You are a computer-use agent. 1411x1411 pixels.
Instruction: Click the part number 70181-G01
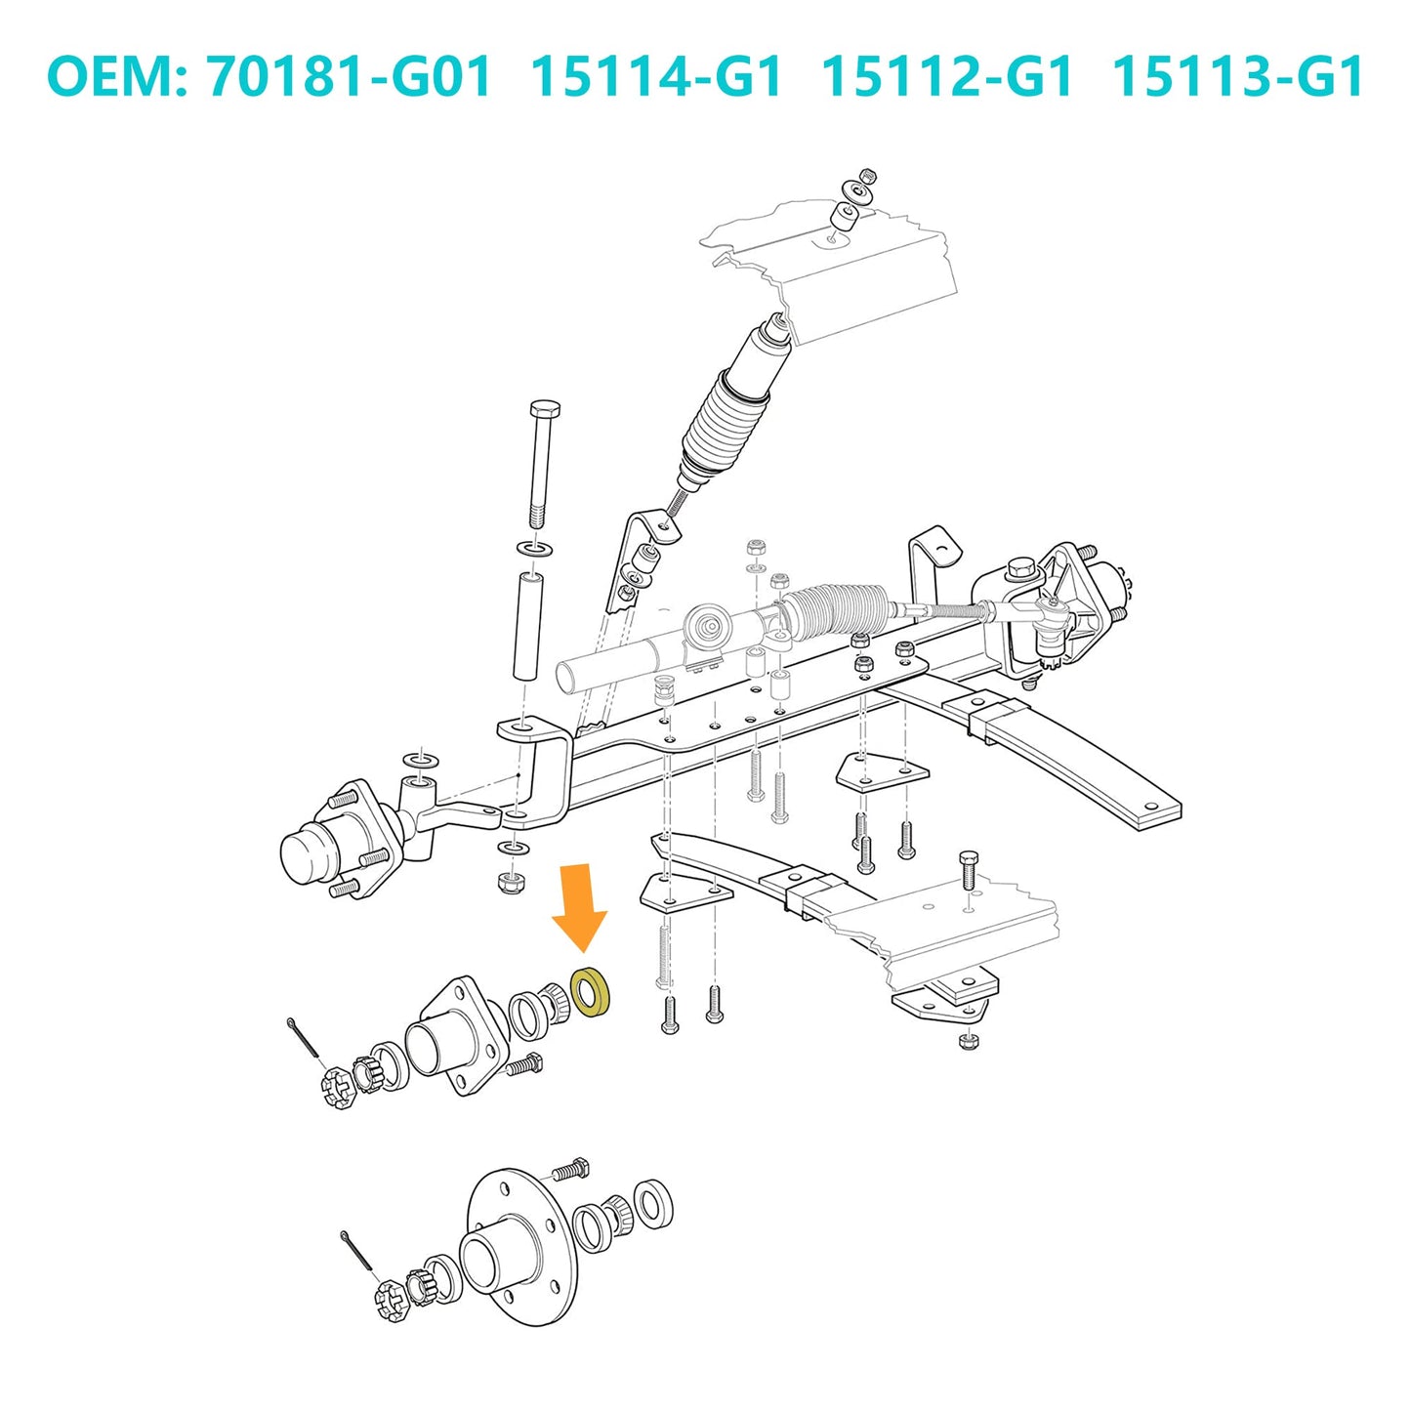[x=350, y=77]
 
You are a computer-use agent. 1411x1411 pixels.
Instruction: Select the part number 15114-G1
[x=656, y=77]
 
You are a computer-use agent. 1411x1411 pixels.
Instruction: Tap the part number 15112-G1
[x=946, y=77]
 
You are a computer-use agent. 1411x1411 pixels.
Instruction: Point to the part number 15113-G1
[x=1237, y=77]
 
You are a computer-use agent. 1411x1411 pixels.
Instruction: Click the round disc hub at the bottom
[x=513, y=1250]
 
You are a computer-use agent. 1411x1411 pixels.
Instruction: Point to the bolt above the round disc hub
[x=570, y=1168]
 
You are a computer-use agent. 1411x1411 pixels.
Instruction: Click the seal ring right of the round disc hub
[x=652, y=1203]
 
